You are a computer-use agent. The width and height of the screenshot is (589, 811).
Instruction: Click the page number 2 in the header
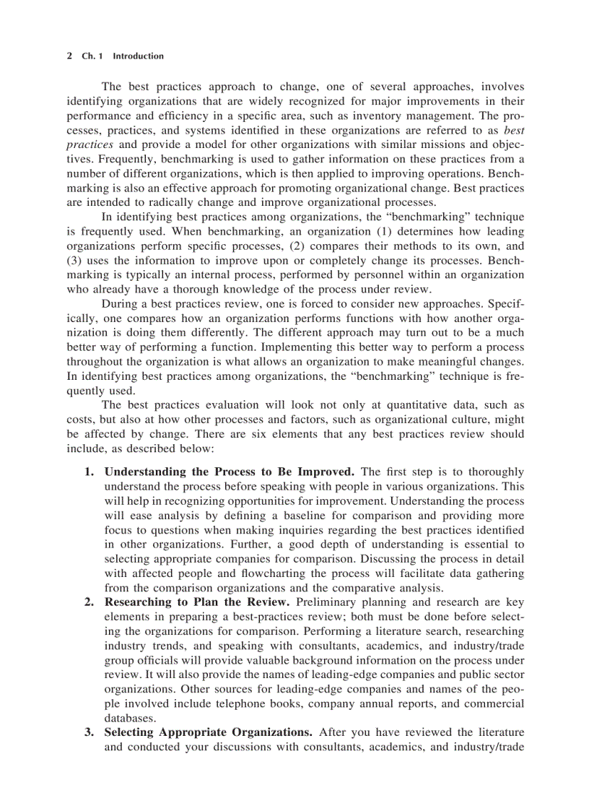pyautogui.click(x=69, y=56)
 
